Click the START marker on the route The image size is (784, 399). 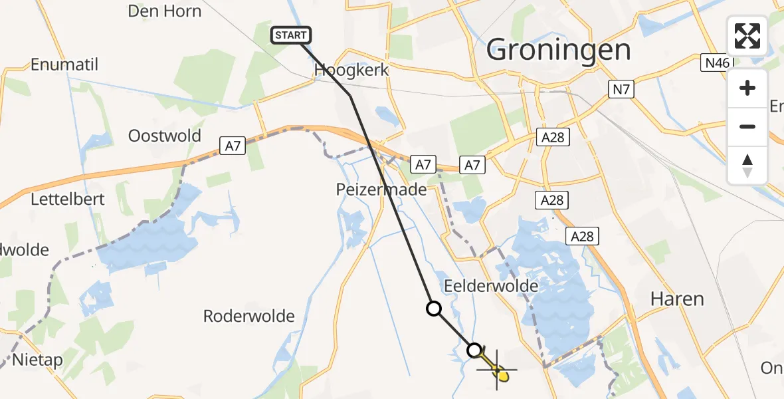(291, 35)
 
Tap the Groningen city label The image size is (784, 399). (558, 50)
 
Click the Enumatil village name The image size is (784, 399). (64, 65)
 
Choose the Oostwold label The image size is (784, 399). (165, 136)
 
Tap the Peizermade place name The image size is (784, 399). (380, 190)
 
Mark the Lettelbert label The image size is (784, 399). (64, 199)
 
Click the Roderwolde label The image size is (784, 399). (248, 316)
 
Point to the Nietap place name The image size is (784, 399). (38, 360)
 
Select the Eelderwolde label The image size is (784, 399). (491, 286)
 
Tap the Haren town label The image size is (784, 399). (676, 299)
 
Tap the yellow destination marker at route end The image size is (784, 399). (503, 376)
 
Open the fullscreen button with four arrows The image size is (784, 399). (747, 36)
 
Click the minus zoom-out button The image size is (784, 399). (747, 126)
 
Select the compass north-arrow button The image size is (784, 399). (747, 165)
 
